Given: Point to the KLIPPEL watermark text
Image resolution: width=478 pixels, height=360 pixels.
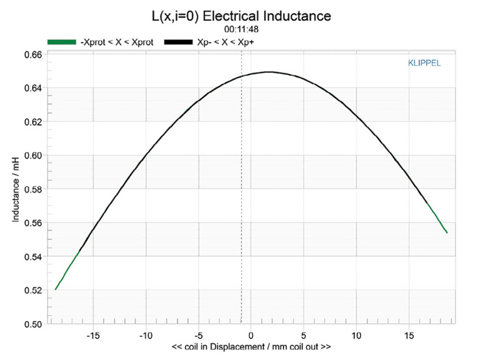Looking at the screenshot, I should (x=424, y=63).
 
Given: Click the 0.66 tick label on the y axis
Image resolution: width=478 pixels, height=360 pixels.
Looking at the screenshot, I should (x=33, y=54).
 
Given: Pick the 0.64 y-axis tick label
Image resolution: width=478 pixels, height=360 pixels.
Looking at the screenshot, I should (x=33, y=88).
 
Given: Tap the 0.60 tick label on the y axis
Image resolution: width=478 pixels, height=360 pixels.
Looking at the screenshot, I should (x=33, y=156).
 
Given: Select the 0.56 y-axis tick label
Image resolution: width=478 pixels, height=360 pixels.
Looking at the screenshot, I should (x=33, y=223).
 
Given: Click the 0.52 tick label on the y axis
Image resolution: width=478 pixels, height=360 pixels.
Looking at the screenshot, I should (x=33, y=291).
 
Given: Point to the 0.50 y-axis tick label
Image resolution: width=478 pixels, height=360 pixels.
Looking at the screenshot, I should (x=33, y=324).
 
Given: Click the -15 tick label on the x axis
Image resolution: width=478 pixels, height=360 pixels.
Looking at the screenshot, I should (x=92, y=334).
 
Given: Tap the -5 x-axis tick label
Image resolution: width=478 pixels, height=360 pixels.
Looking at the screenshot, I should (x=197, y=334).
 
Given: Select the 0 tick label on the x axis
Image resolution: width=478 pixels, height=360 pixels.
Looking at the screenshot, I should (x=251, y=334).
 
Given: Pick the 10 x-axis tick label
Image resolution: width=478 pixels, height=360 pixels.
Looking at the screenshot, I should (x=356, y=334).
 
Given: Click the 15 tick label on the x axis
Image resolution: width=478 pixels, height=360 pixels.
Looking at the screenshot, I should (x=409, y=334).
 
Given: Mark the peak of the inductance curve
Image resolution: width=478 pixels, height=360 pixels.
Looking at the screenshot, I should (x=269, y=72).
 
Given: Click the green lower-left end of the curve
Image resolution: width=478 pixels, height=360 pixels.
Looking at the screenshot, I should (x=56, y=289).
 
